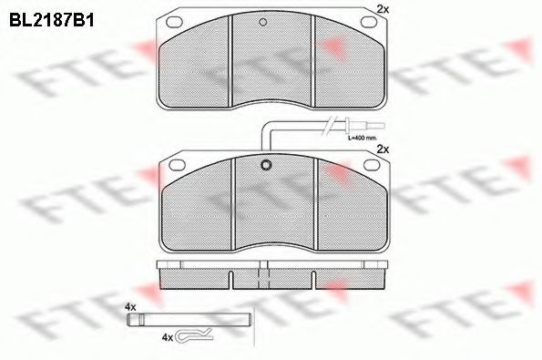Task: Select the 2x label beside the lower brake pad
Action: pyautogui.click(x=383, y=148)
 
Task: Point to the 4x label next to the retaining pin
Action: pyautogui.click(x=130, y=307)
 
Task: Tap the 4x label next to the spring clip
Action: pyautogui.click(x=167, y=337)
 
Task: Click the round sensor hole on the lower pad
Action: pyautogui.click(x=267, y=166)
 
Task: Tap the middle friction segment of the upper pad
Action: pyautogui.click(x=271, y=59)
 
